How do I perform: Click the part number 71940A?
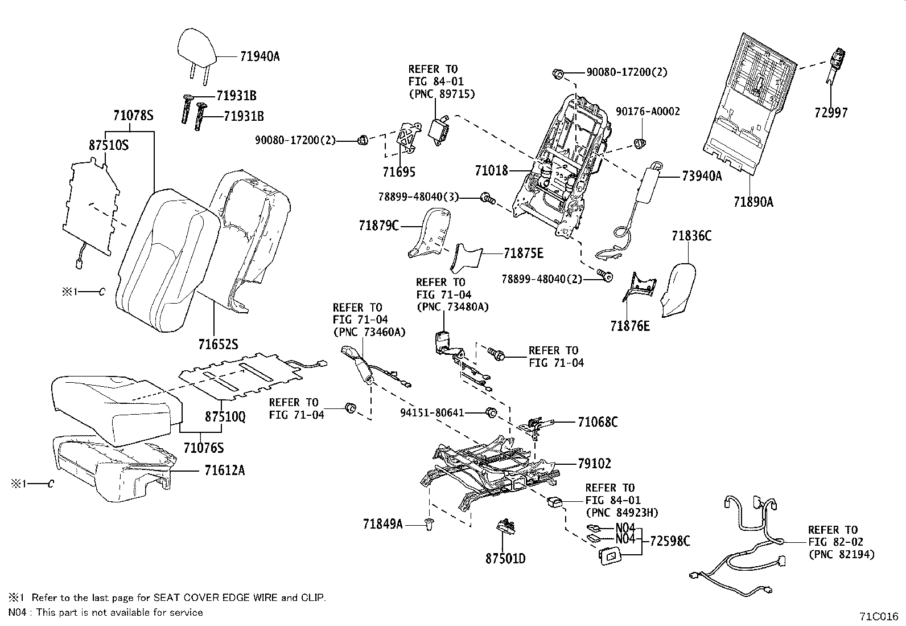(260, 56)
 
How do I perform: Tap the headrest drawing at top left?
(197, 47)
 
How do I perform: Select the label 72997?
(830, 113)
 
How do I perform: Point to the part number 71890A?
(753, 202)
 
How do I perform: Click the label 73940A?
(702, 177)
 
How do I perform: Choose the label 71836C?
(691, 236)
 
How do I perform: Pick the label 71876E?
(630, 326)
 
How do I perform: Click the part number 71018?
(492, 170)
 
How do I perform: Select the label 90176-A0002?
(648, 112)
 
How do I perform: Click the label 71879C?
(379, 226)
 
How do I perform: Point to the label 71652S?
(218, 345)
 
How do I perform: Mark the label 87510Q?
(225, 417)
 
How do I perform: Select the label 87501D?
(505, 558)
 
